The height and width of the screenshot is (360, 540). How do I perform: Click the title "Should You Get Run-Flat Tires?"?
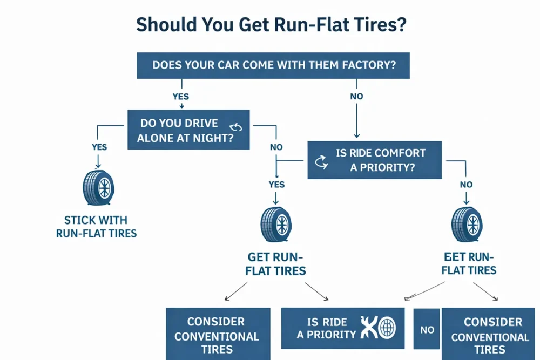click(270, 25)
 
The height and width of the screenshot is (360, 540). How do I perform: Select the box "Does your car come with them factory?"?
click(273, 66)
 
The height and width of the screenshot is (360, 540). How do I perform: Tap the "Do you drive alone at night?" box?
click(188, 130)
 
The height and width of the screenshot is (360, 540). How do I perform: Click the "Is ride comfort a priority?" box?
click(374, 160)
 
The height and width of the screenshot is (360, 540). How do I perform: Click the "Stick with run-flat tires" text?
click(96, 227)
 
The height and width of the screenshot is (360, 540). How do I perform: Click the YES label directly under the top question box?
click(181, 97)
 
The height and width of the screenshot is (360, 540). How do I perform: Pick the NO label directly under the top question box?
click(356, 97)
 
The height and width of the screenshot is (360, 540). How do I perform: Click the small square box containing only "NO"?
click(427, 329)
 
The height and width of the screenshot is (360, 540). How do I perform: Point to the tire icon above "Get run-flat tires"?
click(276, 223)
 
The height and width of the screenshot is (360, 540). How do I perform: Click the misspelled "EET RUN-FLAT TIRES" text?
click(469, 263)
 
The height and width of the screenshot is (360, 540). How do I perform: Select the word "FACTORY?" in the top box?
click(369, 66)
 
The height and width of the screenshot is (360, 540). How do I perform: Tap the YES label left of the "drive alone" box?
click(99, 147)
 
